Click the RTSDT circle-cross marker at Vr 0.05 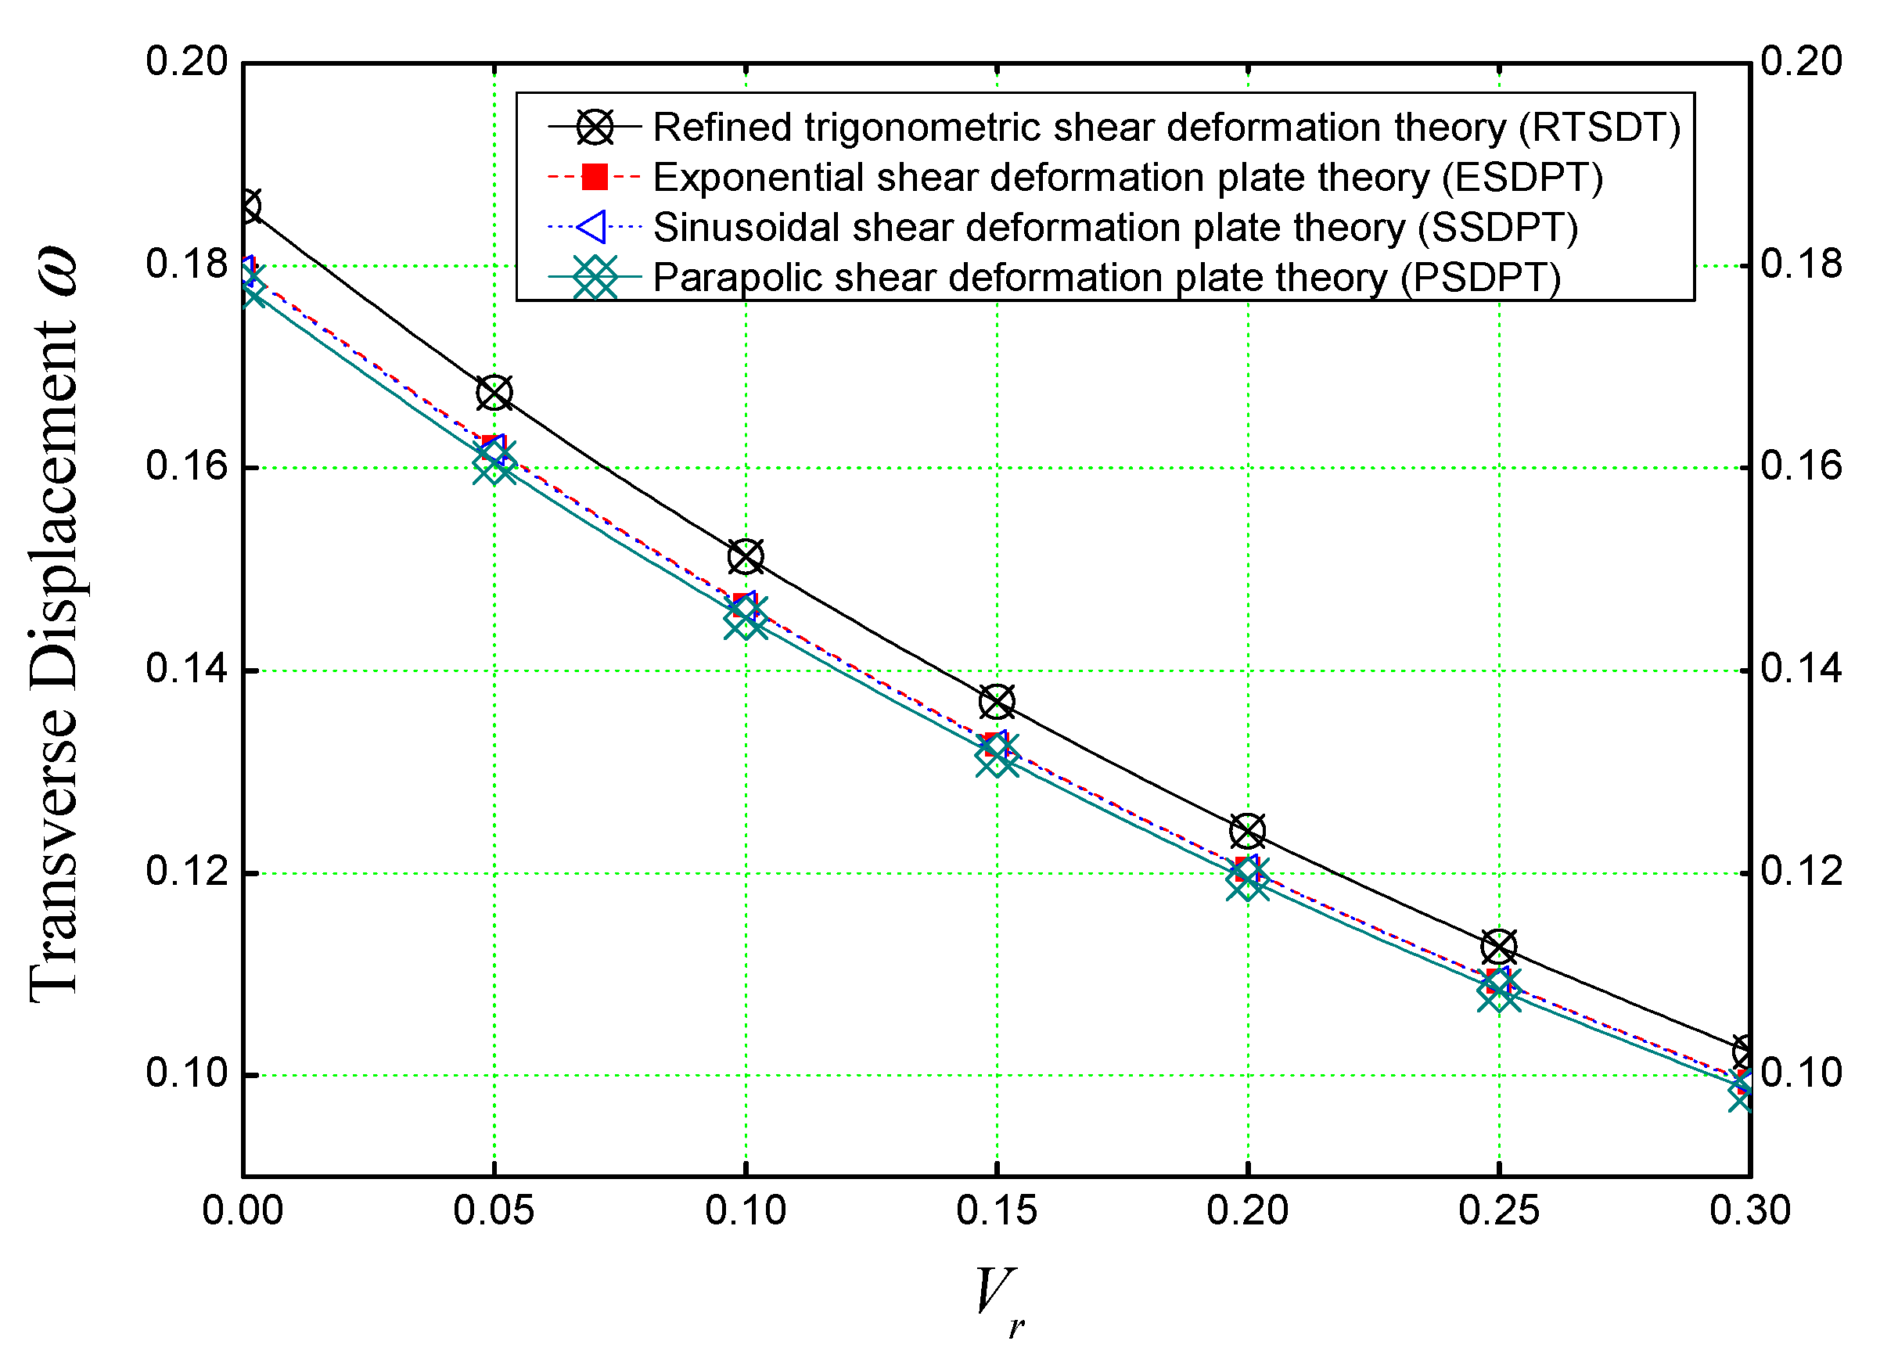[x=494, y=393]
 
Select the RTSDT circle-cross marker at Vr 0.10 [x=746, y=556]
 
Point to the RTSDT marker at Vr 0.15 [x=997, y=703]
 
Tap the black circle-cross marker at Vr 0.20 [x=1248, y=831]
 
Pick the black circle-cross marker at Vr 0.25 [x=1499, y=946]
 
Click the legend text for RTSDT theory [x=1166, y=128]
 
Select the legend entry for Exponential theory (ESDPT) [x=1127, y=178]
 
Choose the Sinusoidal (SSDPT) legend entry [x=1115, y=227]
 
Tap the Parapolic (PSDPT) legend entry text [x=1106, y=277]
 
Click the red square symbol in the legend [x=595, y=177]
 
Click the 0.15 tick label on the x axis [x=997, y=1211]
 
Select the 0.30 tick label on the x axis [x=1750, y=1211]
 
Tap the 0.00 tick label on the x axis [x=242, y=1211]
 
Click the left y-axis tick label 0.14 [x=186, y=668]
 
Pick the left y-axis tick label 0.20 [x=186, y=62]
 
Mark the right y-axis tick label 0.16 [x=1801, y=466]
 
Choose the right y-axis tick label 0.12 [x=1801, y=871]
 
